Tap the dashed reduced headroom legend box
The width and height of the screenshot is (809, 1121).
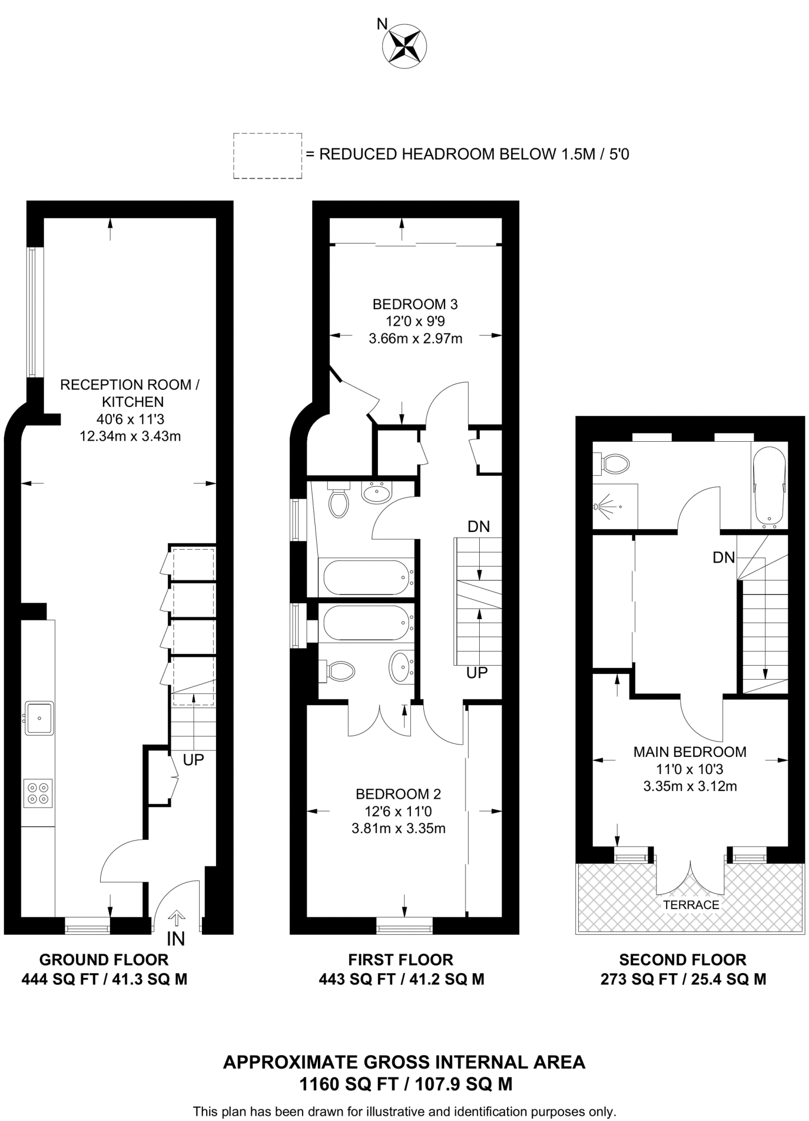pos(267,155)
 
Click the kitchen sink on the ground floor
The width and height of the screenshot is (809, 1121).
pos(39,718)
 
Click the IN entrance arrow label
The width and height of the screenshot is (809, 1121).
pos(176,938)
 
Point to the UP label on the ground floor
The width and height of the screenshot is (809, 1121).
pos(193,760)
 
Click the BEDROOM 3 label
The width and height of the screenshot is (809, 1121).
pos(415,304)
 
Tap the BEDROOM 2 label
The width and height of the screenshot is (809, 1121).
pos(398,794)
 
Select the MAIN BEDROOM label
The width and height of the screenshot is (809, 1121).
pos(689,752)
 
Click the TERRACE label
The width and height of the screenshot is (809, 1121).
pos(691,905)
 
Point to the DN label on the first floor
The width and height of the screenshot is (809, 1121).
pos(478,527)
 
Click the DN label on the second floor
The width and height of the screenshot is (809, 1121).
pos(723,557)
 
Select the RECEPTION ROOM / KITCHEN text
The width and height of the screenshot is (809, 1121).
pos(130,393)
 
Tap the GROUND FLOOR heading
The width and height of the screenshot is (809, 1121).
pos(104,960)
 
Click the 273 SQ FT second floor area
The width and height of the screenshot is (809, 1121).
pos(683,979)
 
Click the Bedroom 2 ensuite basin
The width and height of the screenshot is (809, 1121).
pos(401,667)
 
